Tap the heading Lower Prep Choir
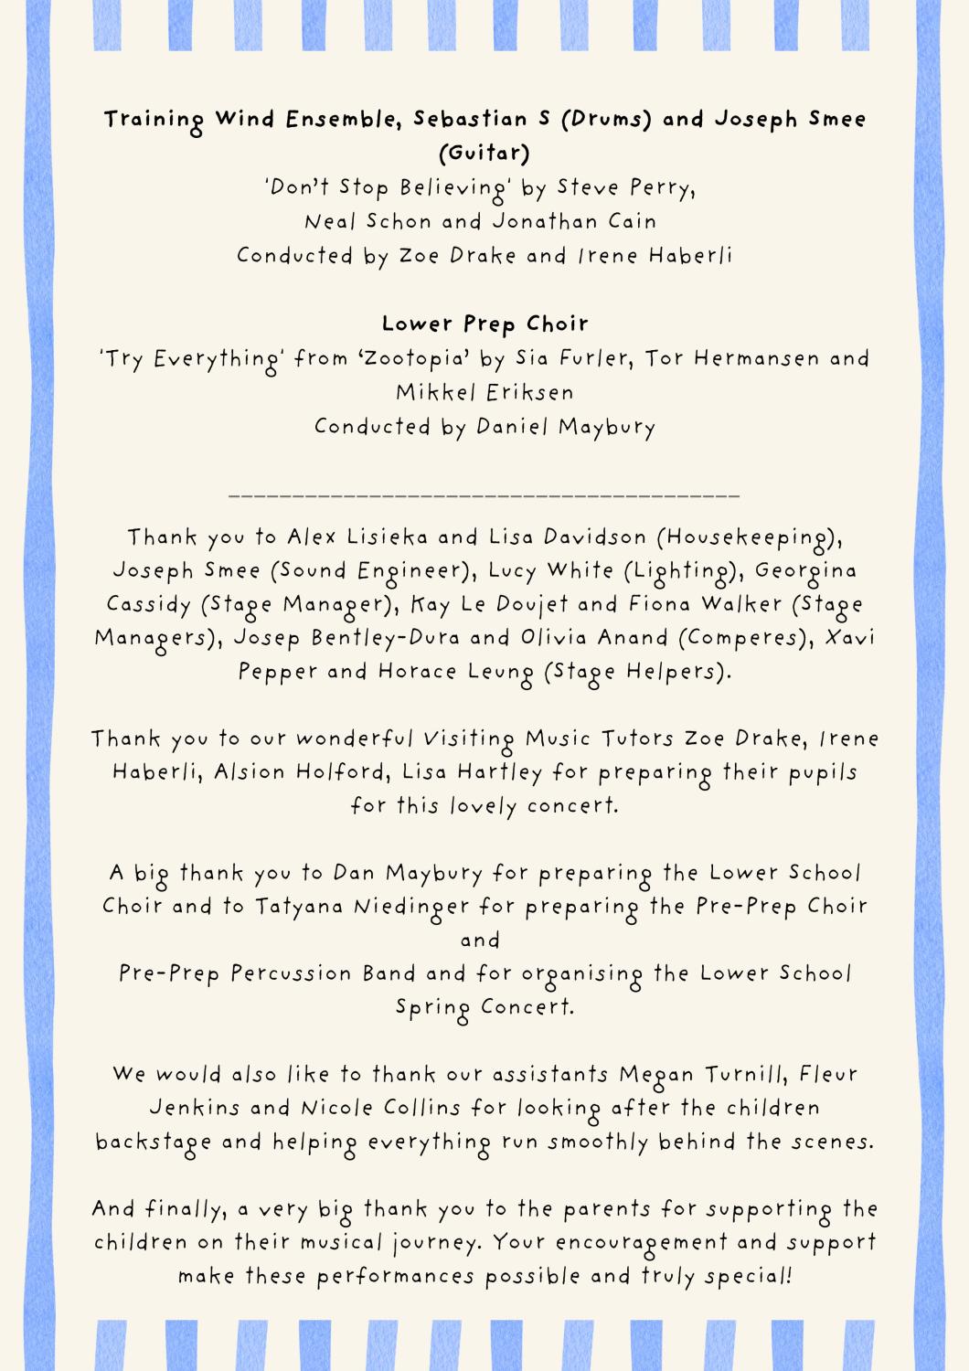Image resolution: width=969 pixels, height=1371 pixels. coord(484,324)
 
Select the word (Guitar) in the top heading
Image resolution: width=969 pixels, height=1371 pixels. coord(484,153)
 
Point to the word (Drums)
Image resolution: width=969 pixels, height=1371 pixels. coord(605,119)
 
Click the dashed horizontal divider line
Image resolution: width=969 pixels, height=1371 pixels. coord(484,495)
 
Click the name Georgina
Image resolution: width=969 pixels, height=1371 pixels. coord(806,571)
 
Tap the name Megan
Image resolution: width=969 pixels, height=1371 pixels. coord(656,1075)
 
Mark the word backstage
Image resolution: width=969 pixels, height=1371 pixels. coord(154,1142)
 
